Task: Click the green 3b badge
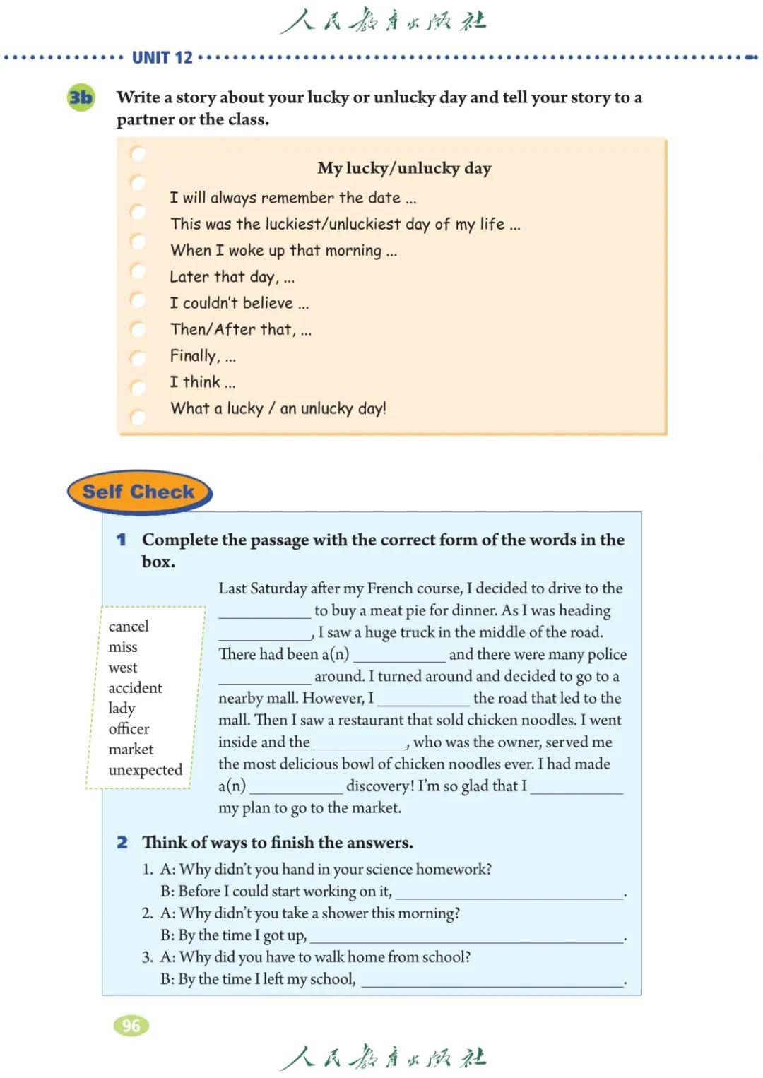[81, 97]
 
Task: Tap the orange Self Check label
[138, 492]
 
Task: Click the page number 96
[131, 1026]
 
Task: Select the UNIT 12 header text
[162, 58]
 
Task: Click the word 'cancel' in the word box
[129, 627]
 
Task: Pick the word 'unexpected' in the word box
[146, 770]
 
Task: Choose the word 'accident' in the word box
[135, 688]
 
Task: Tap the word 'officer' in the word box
[129, 729]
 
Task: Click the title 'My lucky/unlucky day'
[404, 168]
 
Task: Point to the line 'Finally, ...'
[203, 356]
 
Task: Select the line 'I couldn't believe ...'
[239, 304]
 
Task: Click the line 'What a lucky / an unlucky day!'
[278, 408]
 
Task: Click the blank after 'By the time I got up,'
[467, 937]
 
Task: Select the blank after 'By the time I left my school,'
[492, 981]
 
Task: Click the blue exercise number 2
[122, 843]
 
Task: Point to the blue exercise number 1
[122, 540]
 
